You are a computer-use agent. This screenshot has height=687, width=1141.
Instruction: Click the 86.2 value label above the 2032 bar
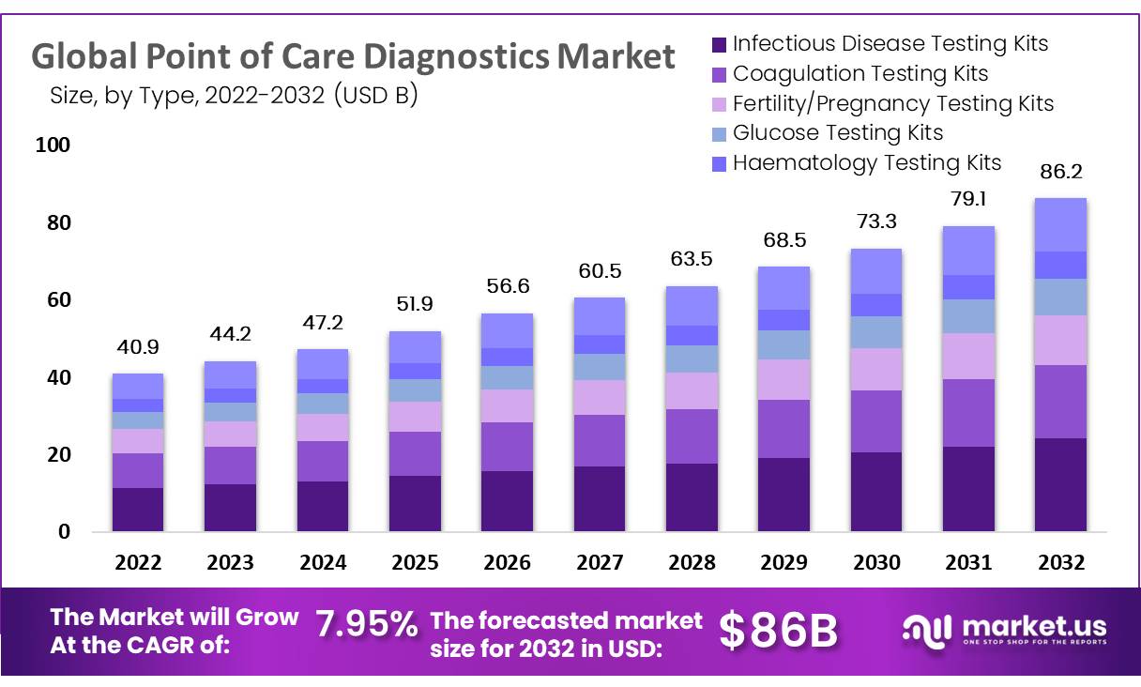pos(1059,172)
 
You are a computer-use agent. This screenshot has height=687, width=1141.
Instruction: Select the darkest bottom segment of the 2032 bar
pos(1059,484)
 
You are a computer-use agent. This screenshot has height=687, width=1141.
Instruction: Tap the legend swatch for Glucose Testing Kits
pos(720,133)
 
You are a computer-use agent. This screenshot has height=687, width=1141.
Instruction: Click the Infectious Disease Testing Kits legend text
pos(890,43)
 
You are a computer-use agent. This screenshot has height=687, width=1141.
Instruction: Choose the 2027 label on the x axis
pos(601,563)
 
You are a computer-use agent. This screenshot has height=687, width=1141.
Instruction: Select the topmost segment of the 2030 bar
pos(876,271)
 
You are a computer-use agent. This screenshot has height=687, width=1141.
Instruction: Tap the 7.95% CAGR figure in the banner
pos(366,623)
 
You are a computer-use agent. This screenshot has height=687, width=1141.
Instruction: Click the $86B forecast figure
pos(778,631)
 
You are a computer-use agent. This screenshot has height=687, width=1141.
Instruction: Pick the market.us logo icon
pos(926,630)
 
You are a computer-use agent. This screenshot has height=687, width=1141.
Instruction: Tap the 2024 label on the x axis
pos(324,563)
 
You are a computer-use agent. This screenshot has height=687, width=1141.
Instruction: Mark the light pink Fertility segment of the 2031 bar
pos(968,356)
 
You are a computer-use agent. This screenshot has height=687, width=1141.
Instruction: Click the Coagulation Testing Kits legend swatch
pos(720,74)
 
